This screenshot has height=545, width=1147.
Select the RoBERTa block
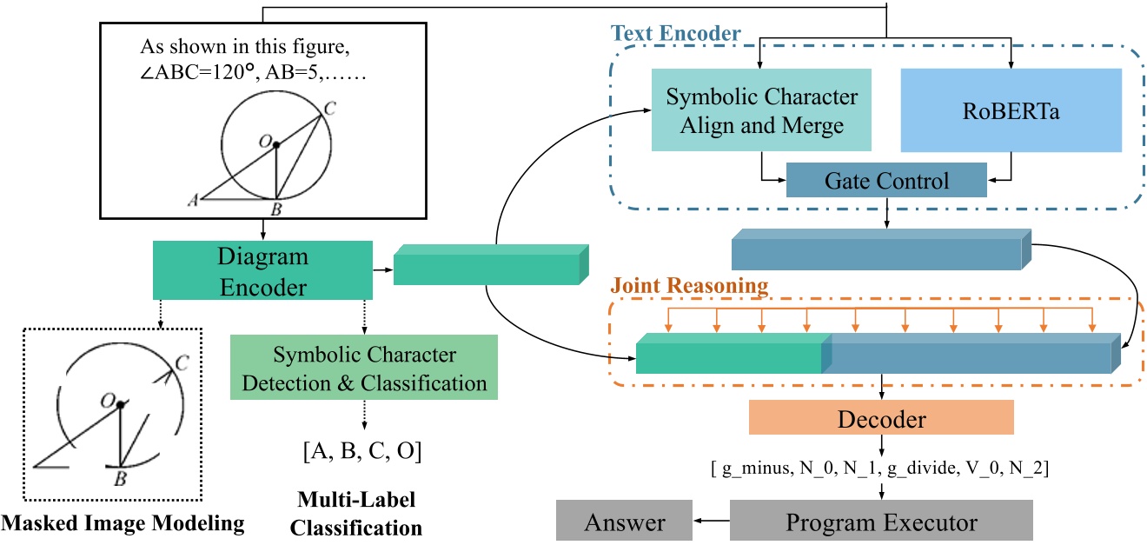[x=1011, y=110]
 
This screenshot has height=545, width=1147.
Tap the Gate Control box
[x=886, y=181]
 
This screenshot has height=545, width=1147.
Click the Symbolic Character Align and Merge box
[x=761, y=110]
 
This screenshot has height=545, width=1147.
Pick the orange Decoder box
[x=881, y=419]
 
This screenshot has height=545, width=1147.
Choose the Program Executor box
[x=881, y=522]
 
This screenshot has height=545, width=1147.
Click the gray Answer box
[x=624, y=522]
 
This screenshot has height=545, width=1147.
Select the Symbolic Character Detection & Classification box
[x=363, y=369]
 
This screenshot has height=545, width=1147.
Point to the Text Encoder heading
[x=675, y=34]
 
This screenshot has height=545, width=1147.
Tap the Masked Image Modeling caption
[x=123, y=524]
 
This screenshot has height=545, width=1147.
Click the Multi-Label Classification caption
[x=356, y=514]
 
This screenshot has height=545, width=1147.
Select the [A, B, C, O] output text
[x=363, y=453]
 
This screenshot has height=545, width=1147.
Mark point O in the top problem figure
[x=276, y=145]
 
